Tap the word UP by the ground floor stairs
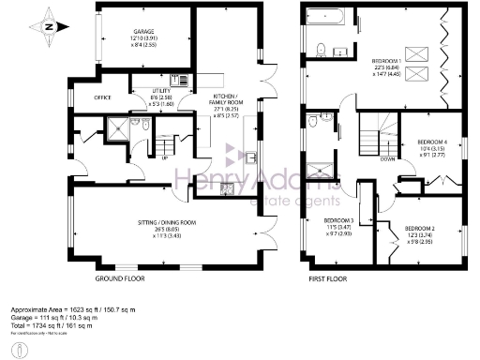(x=165, y=157)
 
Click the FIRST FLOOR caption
(x=329, y=278)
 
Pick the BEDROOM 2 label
(x=425, y=229)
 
